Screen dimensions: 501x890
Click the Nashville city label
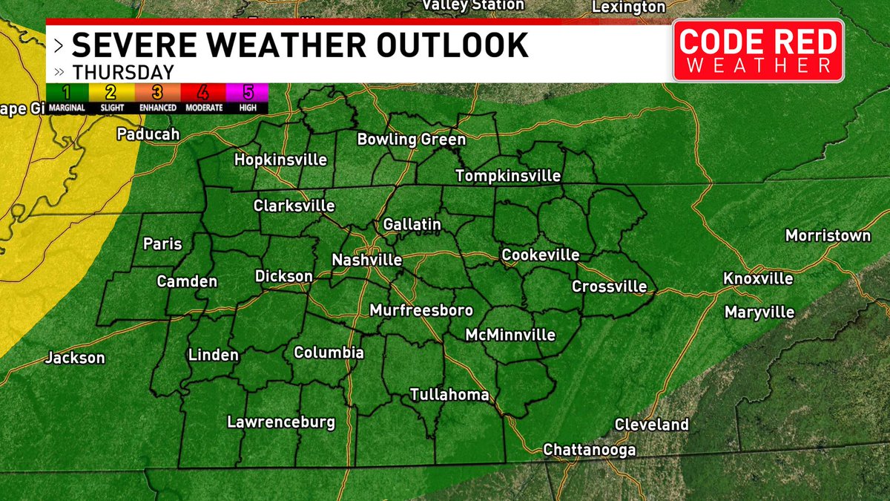pyautogui.click(x=367, y=261)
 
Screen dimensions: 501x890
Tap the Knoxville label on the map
pyautogui.click(x=759, y=279)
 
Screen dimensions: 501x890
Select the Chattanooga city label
pyautogui.click(x=590, y=450)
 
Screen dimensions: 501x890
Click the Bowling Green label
pyautogui.click(x=412, y=140)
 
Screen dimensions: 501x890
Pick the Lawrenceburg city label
pyautogui.click(x=281, y=423)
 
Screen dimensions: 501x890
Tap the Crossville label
pyautogui.click(x=609, y=286)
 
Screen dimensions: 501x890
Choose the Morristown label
pyautogui.click(x=828, y=236)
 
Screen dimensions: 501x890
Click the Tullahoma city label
pyautogui.click(x=450, y=395)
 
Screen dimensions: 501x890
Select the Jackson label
pyautogui.click(x=75, y=358)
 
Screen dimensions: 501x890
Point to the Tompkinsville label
pyautogui.click(x=508, y=176)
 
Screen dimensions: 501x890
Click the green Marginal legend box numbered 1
pyautogui.click(x=67, y=94)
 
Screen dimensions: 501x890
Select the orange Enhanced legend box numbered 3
pyautogui.click(x=157, y=94)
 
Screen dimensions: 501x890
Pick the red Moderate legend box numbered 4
pyautogui.click(x=202, y=94)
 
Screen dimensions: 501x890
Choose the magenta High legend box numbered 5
pyautogui.click(x=248, y=94)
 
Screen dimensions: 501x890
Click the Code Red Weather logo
pyautogui.click(x=758, y=50)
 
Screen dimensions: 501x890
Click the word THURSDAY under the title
pyautogui.click(x=123, y=73)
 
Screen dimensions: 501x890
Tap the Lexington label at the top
pyautogui.click(x=629, y=7)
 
